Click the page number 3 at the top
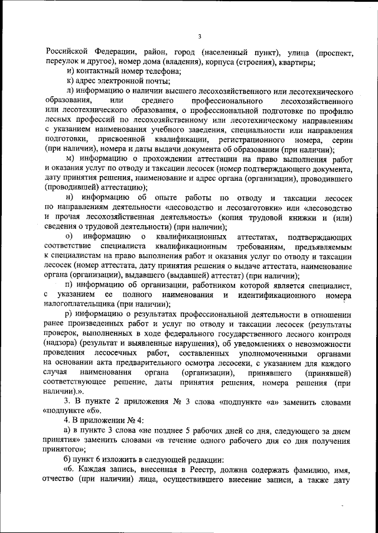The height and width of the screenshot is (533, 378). click(200, 37)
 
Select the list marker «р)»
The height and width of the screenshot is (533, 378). click(70, 314)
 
